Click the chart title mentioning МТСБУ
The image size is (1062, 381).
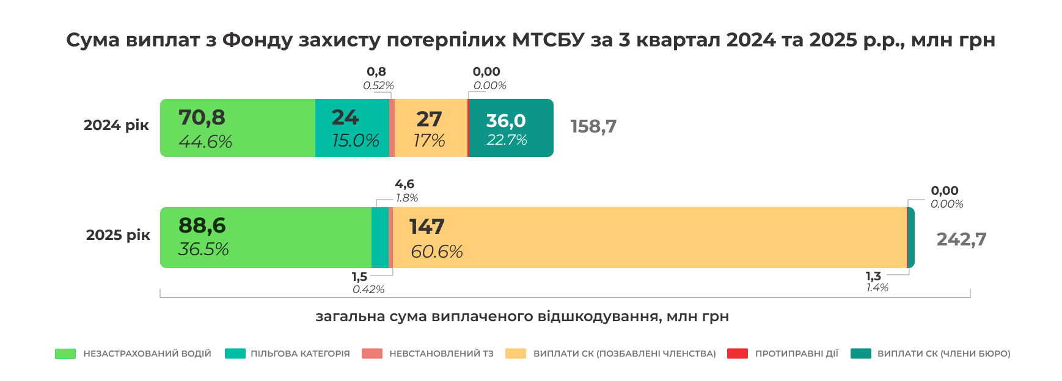[x=530, y=40]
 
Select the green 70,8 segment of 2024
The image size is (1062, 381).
[x=237, y=128]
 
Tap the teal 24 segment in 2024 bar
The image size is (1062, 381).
[x=352, y=128]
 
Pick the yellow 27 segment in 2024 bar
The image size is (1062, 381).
[x=430, y=128]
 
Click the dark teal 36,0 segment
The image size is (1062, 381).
[x=511, y=128]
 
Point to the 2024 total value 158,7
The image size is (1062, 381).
[x=593, y=126]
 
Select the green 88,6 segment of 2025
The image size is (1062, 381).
[x=265, y=238]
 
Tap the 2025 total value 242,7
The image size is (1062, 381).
[x=961, y=239]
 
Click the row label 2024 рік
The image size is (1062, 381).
[x=116, y=125]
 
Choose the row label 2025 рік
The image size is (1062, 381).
[x=118, y=235]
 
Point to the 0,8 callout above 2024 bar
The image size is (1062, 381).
[x=376, y=72]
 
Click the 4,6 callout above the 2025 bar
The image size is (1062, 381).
[x=405, y=184]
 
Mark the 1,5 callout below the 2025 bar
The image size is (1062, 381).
[x=359, y=277]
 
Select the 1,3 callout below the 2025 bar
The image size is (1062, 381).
[x=873, y=277]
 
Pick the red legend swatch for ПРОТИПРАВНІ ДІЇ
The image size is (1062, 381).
[x=738, y=354]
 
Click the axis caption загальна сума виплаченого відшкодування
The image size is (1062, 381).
[x=522, y=316]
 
